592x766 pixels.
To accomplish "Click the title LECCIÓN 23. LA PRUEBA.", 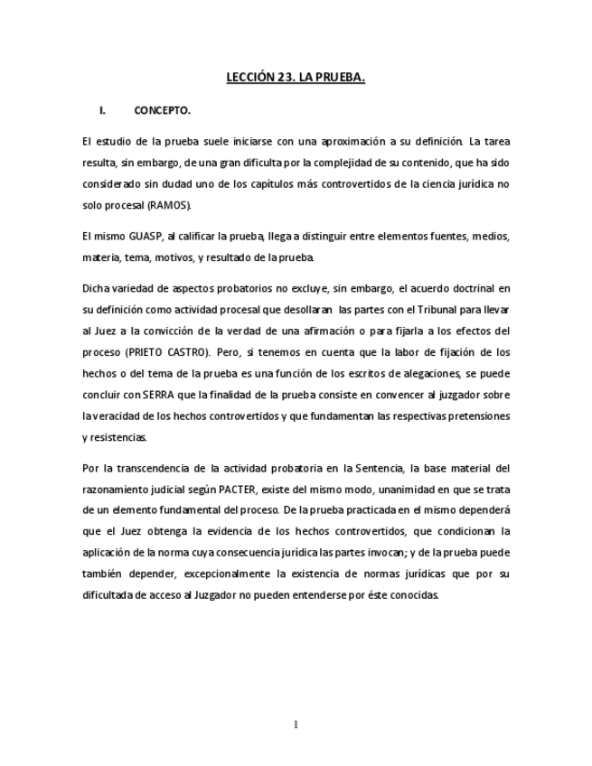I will (x=296, y=79).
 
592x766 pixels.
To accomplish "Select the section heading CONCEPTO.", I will (x=163, y=111).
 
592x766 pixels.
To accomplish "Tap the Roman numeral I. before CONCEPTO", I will (x=103, y=111).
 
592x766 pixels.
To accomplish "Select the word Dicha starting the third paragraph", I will (x=96, y=289).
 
